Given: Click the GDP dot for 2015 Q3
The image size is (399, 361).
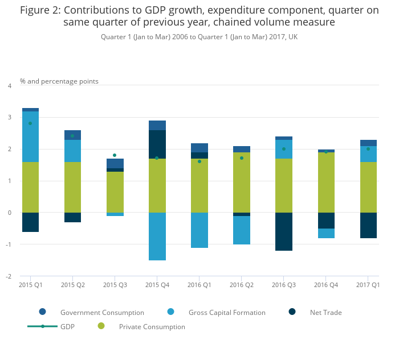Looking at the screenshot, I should tap(115, 155).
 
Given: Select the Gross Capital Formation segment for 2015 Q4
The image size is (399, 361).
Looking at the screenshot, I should tap(157, 236).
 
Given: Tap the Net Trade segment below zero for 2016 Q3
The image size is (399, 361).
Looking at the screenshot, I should tap(284, 231).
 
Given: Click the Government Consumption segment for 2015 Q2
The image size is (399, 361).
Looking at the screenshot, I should tap(72, 135).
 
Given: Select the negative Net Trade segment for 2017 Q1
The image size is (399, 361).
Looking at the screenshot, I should tap(368, 225).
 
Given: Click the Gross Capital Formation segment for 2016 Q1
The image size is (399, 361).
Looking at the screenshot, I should tap(199, 230).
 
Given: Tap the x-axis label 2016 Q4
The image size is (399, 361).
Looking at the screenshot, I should tap(326, 284).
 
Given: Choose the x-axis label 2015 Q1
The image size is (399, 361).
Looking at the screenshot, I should tap(31, 284).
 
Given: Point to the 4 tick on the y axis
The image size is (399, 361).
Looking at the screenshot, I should tap(10, 86).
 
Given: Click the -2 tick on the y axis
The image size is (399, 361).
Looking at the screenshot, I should tap(9, 276).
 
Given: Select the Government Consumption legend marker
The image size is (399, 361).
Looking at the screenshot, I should tap(43, 312).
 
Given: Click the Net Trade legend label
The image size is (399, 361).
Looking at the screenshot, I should tap(325, 312).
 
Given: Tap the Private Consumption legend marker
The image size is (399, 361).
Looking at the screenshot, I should tap(101, 326).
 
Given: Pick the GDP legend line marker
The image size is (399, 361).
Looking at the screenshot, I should tap(43, 326).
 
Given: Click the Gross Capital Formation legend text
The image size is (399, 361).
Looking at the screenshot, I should tap(227, 312).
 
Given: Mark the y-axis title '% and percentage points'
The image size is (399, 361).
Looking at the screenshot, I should tap(59, 81).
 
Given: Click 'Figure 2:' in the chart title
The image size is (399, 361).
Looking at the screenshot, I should tap(43, 10).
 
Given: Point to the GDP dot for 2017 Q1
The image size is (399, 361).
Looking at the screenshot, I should tap(368, 149).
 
